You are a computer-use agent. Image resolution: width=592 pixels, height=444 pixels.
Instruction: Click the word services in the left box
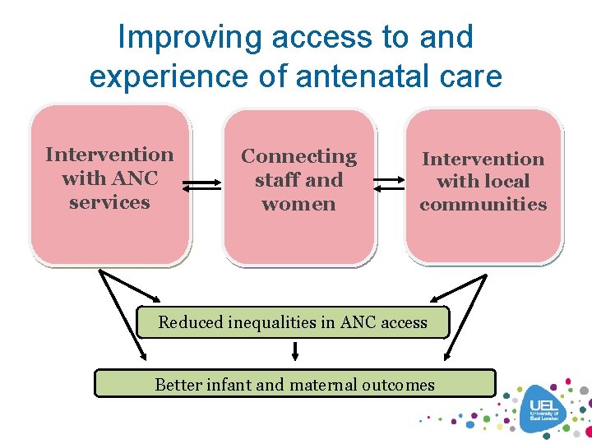pos(109,202)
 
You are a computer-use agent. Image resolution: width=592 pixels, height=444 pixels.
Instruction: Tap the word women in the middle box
pos(298,204)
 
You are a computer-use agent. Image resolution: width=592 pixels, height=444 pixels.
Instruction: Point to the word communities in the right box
pos(483,204)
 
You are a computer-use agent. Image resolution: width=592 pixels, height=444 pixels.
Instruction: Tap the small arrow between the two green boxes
pos(295,352)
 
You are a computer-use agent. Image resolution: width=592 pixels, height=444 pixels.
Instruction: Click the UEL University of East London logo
pos(543,409)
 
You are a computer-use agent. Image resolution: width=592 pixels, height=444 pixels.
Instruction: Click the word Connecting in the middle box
pos(298,156)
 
